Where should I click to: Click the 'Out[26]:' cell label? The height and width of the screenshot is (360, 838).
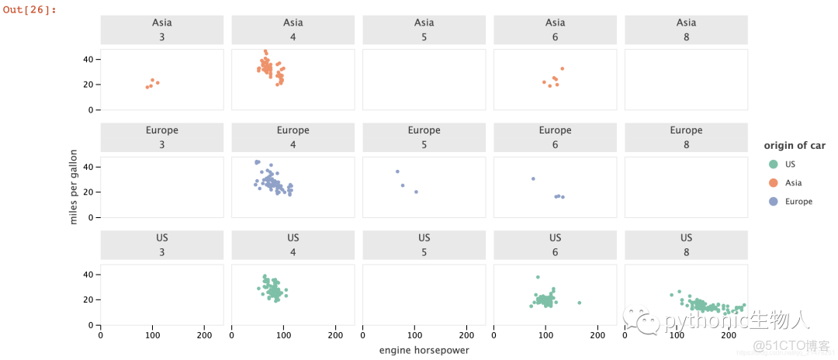click(x=29, y=9)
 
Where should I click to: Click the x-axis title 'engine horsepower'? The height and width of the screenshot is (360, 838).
click(x=424, y=350)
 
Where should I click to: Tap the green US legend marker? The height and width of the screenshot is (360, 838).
click(x=773, y=164)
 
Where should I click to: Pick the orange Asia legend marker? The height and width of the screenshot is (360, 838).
click(x=773, y=182)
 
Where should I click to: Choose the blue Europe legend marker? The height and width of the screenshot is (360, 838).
click(x=773, y=201)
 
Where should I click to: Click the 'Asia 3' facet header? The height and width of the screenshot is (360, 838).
click(x=162, y=29)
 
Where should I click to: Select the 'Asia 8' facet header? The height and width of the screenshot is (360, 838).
click(x=686, y=29)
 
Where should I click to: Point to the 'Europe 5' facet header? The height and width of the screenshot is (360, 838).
click(x=424, y=137)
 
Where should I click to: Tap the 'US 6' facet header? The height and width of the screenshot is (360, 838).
click(x=555, y=244)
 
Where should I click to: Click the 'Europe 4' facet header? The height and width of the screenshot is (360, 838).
click(x=293, y=137)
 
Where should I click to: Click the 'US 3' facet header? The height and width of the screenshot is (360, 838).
click(x=162, y=244)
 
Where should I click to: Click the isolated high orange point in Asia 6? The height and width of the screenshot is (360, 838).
click(x=562, y=68)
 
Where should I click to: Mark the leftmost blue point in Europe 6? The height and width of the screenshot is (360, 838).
click(x=533, y=178)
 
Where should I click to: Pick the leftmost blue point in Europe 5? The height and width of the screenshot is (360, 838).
click(x=397, y=171)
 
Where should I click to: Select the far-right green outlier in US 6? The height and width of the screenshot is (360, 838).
click(x=579, y=303)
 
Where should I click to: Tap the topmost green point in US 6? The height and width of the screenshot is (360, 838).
click(x=537, y=277)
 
